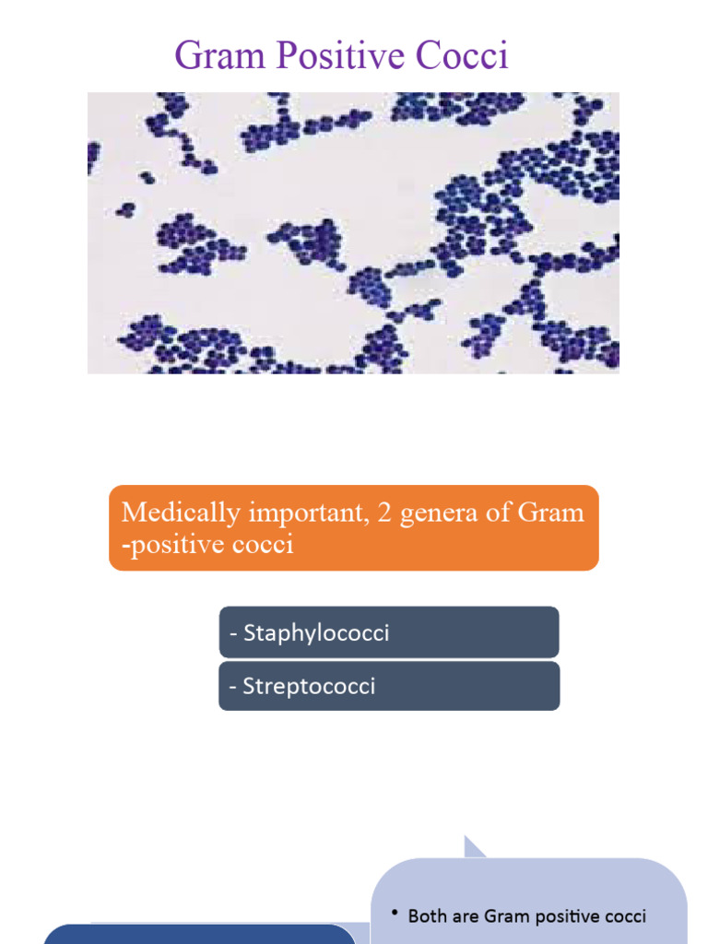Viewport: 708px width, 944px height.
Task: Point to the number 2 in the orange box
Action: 384,513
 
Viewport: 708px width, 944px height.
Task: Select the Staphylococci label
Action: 315,633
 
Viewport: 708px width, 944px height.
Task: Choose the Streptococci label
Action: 309,687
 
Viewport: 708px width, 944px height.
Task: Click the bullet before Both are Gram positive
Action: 394,914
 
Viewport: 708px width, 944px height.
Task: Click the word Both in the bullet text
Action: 426,916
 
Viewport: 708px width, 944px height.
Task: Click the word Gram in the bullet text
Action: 504,916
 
